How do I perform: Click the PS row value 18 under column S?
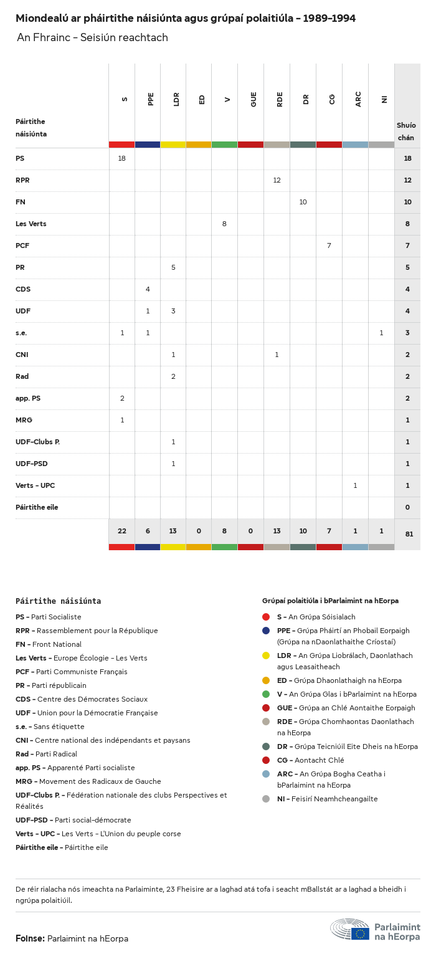[x=122, y=158]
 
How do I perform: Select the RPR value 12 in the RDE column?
[x=277, y=180]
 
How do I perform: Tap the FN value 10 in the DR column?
[x=303, y=202]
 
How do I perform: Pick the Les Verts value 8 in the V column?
[x=224, y=224]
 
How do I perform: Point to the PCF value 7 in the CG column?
[x=329, y=246]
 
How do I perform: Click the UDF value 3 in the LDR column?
[x=173, y=311]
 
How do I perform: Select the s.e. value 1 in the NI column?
[x=381, y=333]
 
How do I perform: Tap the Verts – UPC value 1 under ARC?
[x=355, y=485]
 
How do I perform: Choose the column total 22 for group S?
[x=122, y=531]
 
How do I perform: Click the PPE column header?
[x=151, y=98]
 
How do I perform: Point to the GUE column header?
[x=254, y=98]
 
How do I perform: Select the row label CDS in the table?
[x=23, y=289]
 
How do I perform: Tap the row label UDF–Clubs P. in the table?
[x=37, y=442]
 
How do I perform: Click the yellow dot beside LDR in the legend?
[x=266, y=656]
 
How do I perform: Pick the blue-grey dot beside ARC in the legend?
[x=266, y=774]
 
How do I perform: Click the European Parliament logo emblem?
[x=350, y=929]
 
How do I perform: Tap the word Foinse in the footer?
[x=29, y=938]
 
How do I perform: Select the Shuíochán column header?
[x=406, y=131]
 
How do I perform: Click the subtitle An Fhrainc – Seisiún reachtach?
[x=92, y=37]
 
